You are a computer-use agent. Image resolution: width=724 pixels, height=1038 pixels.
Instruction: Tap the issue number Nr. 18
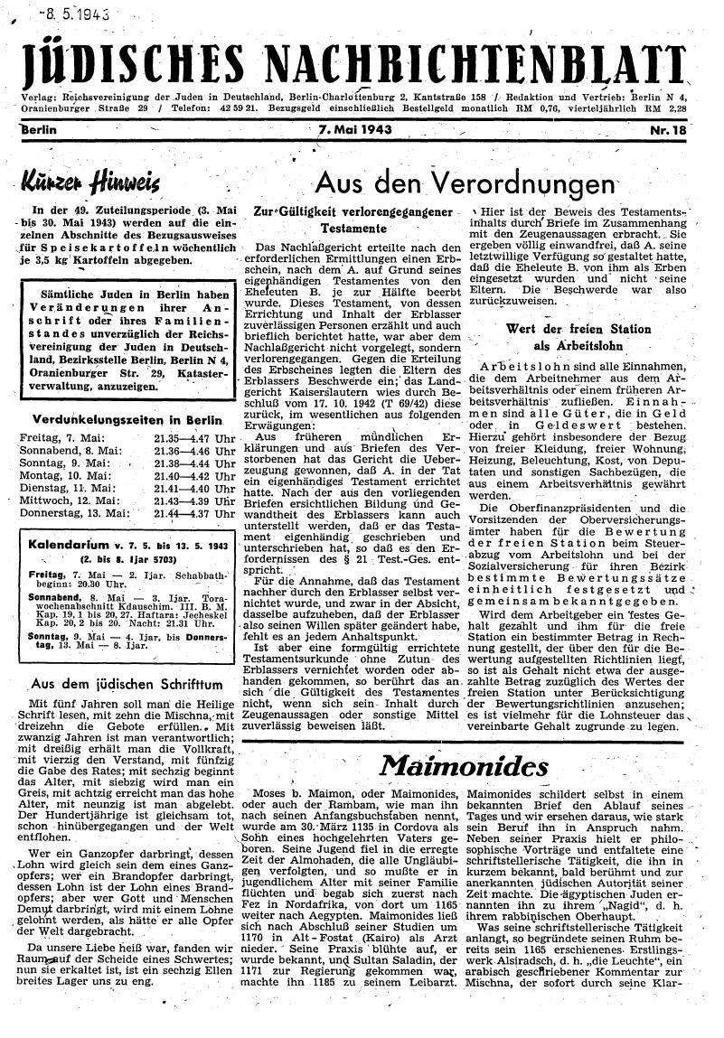[668, 130]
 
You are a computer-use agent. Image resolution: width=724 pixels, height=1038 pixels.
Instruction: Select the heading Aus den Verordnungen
[463, 183]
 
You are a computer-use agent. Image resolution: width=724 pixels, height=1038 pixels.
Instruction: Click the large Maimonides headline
[464, 765]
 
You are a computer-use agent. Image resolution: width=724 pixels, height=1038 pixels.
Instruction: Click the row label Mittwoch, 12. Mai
[67, 500]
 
